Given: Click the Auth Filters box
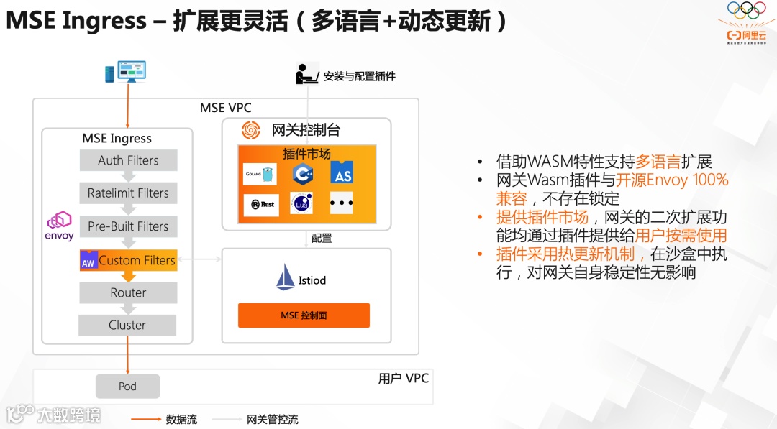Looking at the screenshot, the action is [128, 160].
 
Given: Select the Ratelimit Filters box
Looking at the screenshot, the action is [128, 193].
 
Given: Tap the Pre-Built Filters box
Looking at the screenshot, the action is [128, 226].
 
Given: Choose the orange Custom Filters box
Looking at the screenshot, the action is [128, 260].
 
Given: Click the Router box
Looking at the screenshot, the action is [128, 292].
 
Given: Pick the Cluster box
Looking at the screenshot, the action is [127, 325].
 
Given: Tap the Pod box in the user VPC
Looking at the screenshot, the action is [127, 386].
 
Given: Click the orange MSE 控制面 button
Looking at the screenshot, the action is [304, 315].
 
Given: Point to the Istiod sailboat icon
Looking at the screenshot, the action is [286, 277].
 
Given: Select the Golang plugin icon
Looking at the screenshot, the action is [260, 174].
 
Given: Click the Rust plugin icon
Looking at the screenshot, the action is [262, 204].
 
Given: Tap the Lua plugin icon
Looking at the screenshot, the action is [301, 203].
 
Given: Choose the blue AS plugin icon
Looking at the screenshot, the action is [342, 173].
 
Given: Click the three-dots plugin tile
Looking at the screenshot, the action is [341, 203].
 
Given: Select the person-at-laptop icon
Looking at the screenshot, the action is [307, 73].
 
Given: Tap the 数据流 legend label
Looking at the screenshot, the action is [181, 419].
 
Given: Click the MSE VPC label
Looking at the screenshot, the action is [225, 108].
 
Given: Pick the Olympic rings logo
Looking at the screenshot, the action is [746, 10].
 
